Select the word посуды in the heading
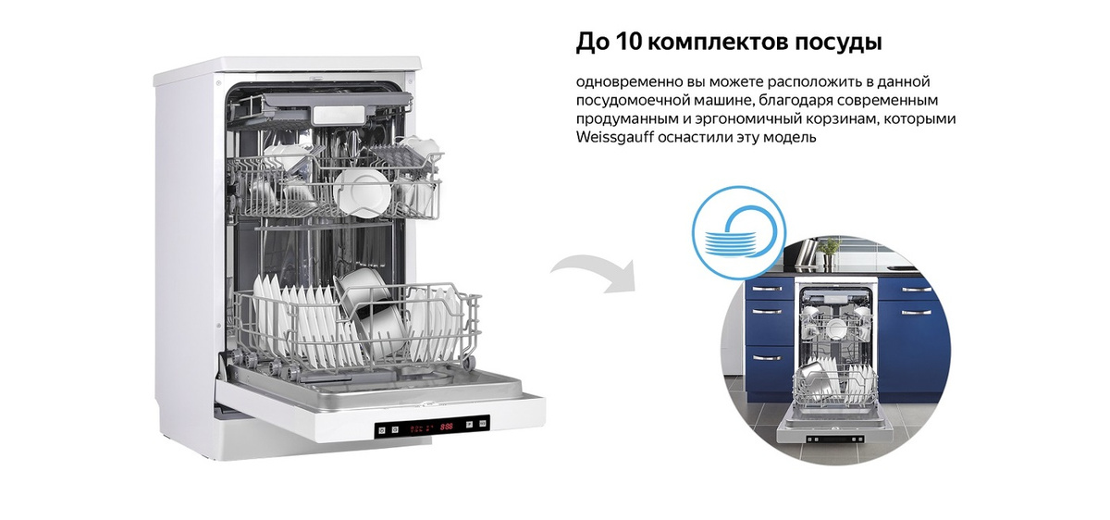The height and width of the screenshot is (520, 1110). click(839, 43)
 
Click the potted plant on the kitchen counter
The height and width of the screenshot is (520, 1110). click(829, 248)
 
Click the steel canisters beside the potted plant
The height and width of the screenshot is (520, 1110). click(805, 251)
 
